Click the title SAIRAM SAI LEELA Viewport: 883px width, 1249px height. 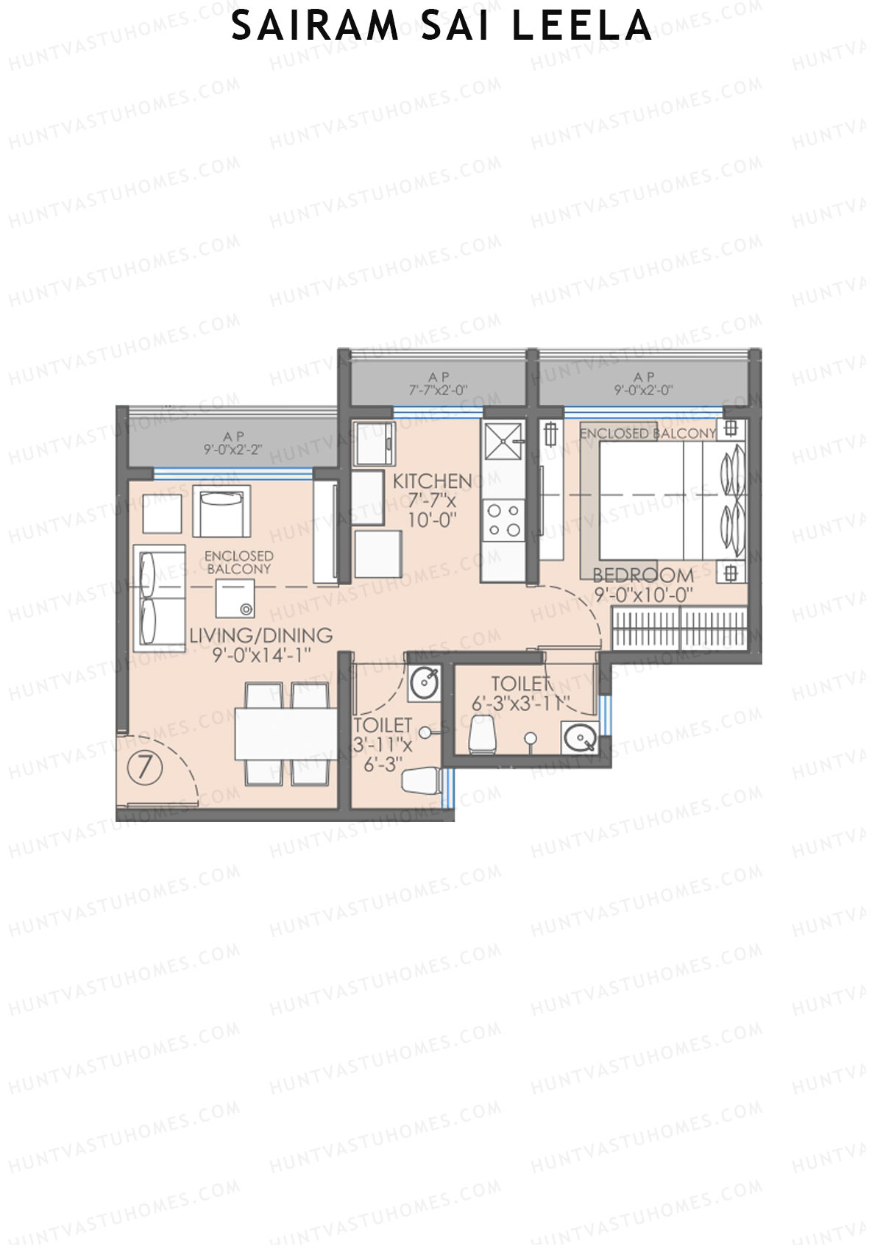(441, 26)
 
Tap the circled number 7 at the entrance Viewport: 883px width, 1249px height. (145, 768)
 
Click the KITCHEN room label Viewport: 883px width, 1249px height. (433, 481)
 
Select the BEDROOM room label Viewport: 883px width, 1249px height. (643, 575)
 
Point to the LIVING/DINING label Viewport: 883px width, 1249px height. (261, 635)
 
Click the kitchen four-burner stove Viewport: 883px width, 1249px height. (504, 520)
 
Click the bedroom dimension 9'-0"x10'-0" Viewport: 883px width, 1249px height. (643, 594)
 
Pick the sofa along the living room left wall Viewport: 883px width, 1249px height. (159, 598)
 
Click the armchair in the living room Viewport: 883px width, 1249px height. (221, 511)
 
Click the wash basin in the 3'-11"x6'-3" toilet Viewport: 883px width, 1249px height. (425, 683)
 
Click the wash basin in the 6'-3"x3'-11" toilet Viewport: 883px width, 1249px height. (579, 737)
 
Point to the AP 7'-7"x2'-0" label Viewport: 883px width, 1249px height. (439, 384)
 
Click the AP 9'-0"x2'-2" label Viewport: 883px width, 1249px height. (233, 443)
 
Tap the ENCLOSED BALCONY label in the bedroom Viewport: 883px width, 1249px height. (648, 434)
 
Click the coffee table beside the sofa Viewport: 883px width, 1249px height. (235, 598)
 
